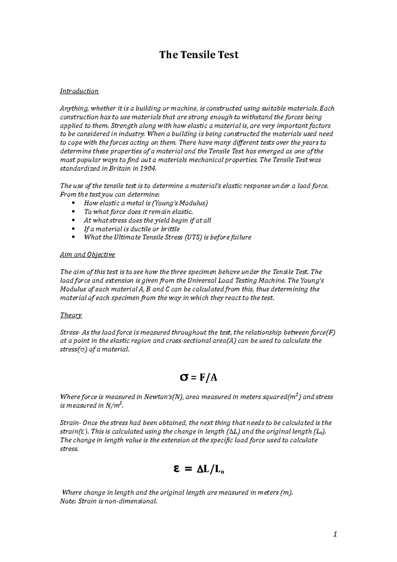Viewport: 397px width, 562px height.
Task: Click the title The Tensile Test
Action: tap(198, 55)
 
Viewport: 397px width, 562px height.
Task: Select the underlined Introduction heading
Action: tap(79, 91)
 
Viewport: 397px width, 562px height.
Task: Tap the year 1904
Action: tap(146, 168)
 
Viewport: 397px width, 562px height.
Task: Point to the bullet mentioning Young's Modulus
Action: tap(146, 203)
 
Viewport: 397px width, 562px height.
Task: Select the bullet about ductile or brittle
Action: tap(132, 229)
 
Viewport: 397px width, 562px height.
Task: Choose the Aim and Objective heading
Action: tap(87, 255)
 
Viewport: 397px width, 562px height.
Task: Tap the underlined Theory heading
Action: tap(71, 315)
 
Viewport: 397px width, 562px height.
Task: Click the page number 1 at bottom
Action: tap(335, 534)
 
